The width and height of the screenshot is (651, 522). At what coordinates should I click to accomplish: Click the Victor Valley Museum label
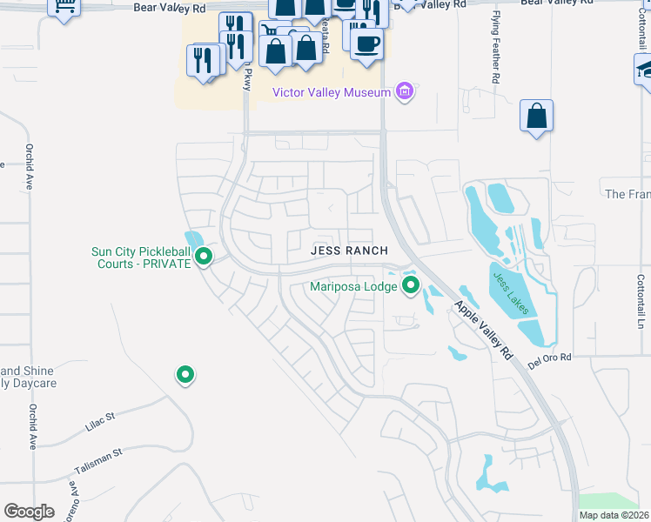(331, 92)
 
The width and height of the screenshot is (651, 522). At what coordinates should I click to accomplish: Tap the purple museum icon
(403, 91)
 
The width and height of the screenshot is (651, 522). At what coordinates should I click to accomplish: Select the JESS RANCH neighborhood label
(349, 251)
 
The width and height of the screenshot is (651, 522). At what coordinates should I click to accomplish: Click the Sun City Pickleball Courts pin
(204, 257)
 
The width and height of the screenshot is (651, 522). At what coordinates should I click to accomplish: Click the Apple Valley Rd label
(482, 330)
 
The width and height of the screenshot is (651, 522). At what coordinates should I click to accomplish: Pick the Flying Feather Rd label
(495, 57)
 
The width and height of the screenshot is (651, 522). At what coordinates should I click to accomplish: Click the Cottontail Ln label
(640, 302)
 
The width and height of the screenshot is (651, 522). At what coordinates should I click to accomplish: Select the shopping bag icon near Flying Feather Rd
(536, 117)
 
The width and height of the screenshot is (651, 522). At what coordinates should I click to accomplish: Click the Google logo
(29, 512)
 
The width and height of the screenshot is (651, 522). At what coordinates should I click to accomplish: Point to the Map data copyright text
(614, 515)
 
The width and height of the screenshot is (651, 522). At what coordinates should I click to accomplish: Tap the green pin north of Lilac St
(185, 375)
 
